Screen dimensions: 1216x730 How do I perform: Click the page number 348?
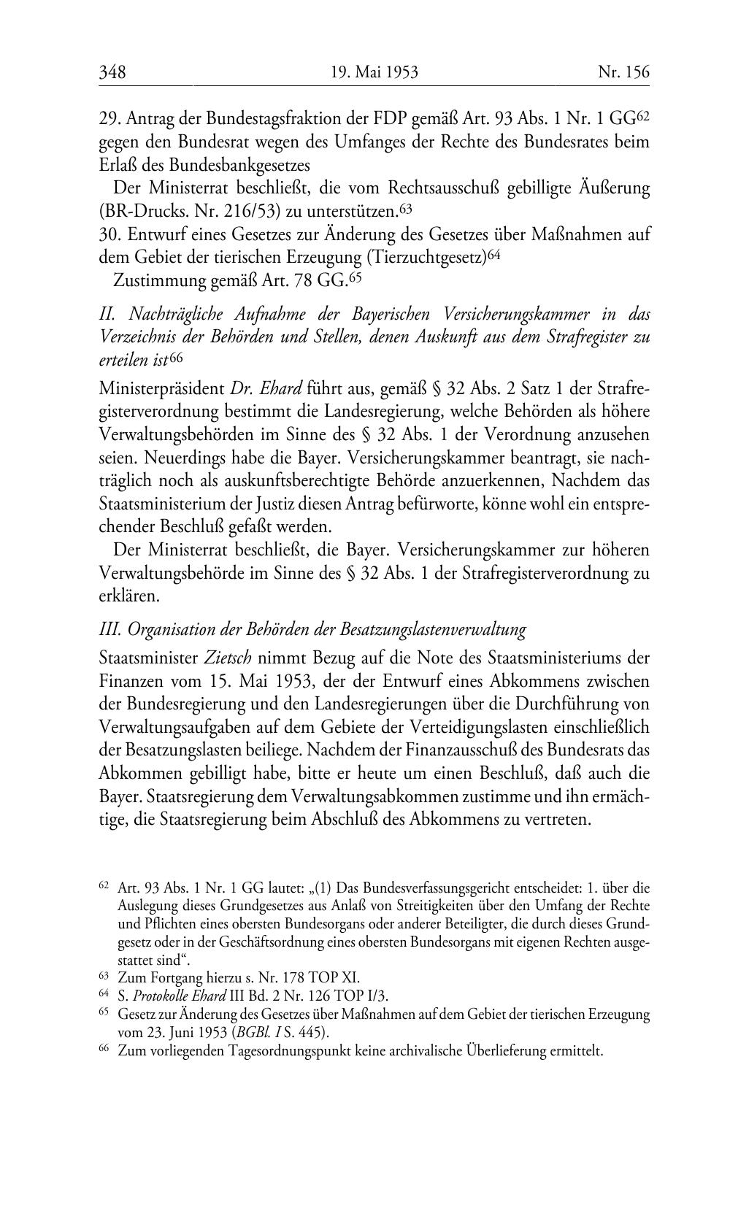tap(112, 72)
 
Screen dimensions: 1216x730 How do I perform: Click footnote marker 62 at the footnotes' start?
tap(103, 887)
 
